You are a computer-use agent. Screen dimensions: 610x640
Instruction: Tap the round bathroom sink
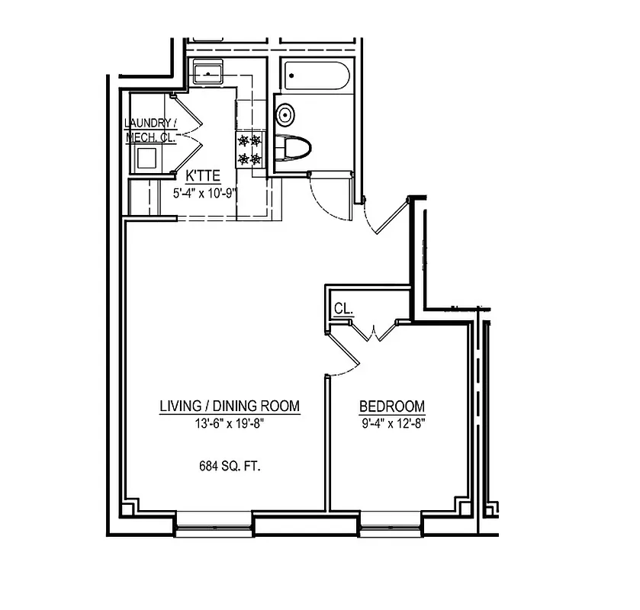point(285,115)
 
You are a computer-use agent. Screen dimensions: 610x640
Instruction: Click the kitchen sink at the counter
point(207,75)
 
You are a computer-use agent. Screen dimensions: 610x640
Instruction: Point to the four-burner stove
point(249,149)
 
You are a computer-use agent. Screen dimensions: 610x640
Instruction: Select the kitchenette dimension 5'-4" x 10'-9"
point(202,193)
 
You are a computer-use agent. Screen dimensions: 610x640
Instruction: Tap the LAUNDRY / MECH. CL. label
point(151,130)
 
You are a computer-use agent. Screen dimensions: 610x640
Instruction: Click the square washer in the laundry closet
point(146,158)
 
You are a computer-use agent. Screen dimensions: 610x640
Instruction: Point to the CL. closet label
point(343,309)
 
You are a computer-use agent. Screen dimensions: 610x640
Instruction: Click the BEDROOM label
point(392,407)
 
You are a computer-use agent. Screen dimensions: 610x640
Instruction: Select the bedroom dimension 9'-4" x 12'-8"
point(392,424)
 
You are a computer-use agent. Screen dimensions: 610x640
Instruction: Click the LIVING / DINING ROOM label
point(229,406)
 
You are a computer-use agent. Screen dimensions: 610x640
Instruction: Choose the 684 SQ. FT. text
point(229,467)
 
